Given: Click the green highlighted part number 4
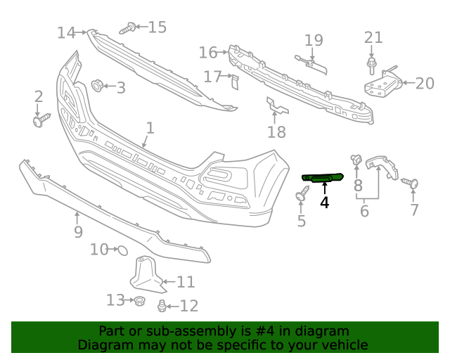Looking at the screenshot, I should point(322,179).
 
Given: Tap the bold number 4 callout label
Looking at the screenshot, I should point(324,202).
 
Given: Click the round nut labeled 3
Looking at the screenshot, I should point(97,86).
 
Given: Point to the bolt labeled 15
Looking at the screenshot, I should point(129,29).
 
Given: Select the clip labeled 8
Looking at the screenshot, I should point(356,161).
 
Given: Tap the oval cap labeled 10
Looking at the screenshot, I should point(120,249).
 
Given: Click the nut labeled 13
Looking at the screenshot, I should point(139,301).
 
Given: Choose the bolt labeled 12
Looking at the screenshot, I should point(163,306).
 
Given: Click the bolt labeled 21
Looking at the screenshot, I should point(371,66).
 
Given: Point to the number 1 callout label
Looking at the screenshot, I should point(149,128).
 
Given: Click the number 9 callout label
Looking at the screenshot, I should point(78,231).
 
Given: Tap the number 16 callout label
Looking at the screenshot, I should point(208,53).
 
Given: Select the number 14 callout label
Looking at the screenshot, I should point(66,32).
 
